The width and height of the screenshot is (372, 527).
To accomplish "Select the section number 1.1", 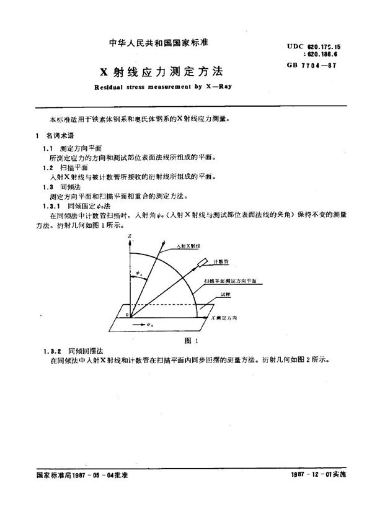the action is [46, 148].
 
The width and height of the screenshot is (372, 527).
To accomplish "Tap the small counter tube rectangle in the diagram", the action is [203, 267].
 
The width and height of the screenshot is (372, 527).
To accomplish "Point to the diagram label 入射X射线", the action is [189, 246].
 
